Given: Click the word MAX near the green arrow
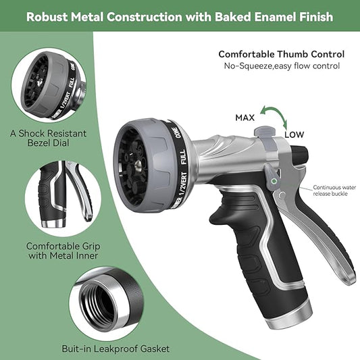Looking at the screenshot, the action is tap(245, 118).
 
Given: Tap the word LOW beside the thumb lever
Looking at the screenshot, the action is tap(294, 134).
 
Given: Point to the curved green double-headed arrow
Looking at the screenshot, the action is tap(275, 115).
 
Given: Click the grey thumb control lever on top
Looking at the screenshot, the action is tap(265, 132).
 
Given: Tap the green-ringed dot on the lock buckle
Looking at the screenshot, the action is tap(274, 181).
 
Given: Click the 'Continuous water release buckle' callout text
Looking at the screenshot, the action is tap(334, 190).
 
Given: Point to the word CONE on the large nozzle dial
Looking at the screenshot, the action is tap(178, 132).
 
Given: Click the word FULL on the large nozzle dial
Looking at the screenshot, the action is tap(183, 157).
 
